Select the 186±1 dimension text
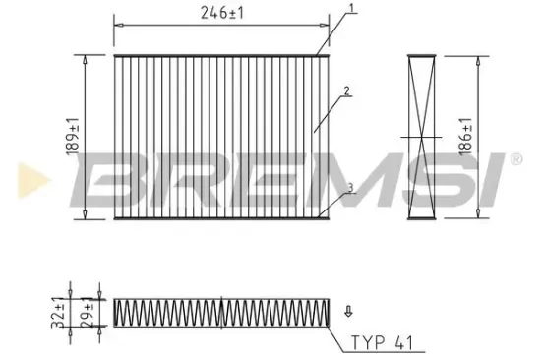pyautogui.click(x=466, y=133)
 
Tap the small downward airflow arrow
pyautogui.click(x=346, y=313)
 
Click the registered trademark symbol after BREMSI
pyautogui.click(x=515, y=156)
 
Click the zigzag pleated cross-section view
pyautogui.click(x=222, y=312)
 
